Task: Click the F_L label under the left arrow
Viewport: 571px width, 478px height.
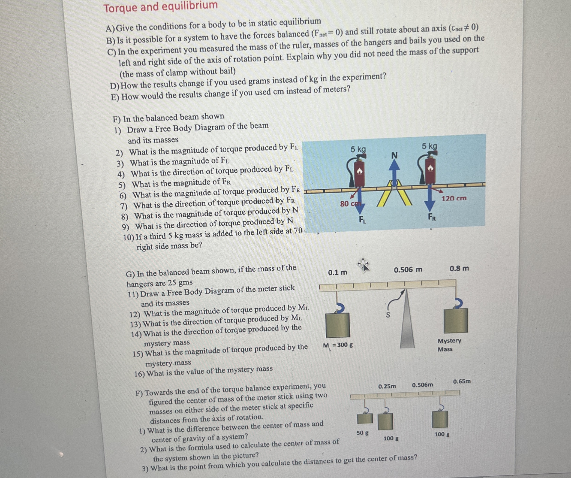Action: coord(362,220)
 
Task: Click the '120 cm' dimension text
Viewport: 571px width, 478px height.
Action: coord(454,198)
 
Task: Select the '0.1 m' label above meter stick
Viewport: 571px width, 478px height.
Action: coord(337,272)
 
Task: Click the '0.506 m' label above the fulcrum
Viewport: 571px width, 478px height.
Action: coord(408,270)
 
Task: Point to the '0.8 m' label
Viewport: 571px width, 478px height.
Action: coord(459,269)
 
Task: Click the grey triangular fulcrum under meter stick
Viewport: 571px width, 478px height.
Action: coord(407,321)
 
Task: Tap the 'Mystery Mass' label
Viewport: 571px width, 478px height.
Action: coord(449,345)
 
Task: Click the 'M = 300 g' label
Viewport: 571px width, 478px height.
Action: coord(338,345)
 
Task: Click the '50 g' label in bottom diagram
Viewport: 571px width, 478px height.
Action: coord(362,433)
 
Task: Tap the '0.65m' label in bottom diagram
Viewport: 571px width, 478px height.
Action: coord(462,381)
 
